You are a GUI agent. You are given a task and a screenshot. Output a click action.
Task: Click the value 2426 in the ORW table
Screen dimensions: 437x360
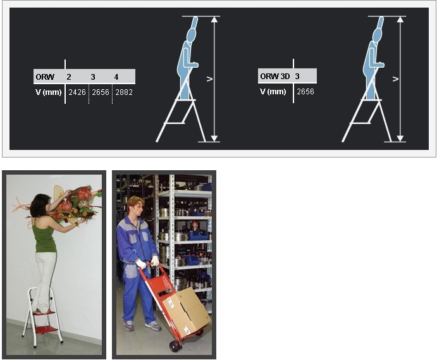pyautogui.click(x=77, y=92)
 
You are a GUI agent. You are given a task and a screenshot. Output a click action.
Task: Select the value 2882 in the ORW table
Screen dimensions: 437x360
pyautogui.click(x=124, y=92)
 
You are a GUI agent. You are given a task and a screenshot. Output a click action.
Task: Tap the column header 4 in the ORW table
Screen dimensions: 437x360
pyautogui.click(x=116, y=77)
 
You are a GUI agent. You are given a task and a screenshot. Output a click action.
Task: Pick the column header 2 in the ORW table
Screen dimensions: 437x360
pyautogui.click(x=69, y=77)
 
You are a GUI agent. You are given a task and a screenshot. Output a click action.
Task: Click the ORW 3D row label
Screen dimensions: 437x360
pyautogui.click(x=275, y=76)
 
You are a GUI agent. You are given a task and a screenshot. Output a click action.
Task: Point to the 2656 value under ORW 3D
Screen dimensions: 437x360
pyautogui.click(x=305, y=92)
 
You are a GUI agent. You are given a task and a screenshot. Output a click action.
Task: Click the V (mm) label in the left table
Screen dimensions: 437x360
pyautogui.click(x=49, y=92)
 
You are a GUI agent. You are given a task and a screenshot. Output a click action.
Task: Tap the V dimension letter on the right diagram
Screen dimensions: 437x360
pyautogui.click(x=395, y=79)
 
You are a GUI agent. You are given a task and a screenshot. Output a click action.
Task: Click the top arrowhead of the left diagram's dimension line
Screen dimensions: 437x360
pyautogui.click(x=214, y=19)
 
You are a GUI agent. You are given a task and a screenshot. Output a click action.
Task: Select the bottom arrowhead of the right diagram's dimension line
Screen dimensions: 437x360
pyautogui.click(x=400, y=139)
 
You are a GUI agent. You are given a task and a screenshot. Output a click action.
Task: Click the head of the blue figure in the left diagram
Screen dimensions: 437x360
pyautogui.click(x=191, y=35)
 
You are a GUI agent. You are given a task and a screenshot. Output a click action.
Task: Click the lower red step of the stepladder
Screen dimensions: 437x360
pyautogui.click(x=46, y=330)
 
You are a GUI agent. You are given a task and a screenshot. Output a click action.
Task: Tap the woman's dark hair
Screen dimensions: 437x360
pyautogui.click(x=39, y=206)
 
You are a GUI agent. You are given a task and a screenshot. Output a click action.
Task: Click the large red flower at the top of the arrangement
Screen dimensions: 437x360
pyautogui.click(x=83, y=194)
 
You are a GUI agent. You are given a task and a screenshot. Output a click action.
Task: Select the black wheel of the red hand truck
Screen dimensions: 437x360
pyautogui.click(x=175, y=346)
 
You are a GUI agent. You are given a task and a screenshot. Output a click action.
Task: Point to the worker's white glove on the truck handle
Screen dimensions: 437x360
pyautogui.click(x=141, y=264)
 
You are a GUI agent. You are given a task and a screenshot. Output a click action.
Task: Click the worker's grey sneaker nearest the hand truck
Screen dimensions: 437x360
pyautogui.click(x=152, y=325)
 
